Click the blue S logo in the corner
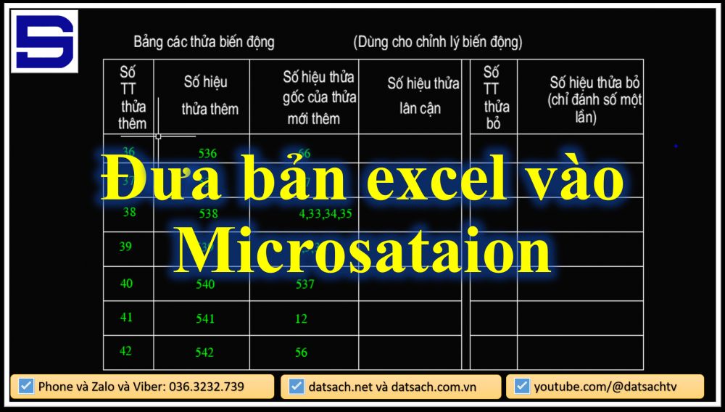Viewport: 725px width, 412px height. [x=44, y=42]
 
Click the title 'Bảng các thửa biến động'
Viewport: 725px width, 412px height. [x=204, y=42]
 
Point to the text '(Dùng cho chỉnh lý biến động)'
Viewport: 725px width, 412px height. [x=438, y=42]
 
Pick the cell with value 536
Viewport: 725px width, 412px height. [x=207, y=153]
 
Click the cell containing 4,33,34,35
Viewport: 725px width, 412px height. [x=326, y=214]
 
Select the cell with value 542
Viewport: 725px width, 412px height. [x=204, y=353]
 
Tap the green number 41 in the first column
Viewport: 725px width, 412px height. [x=126, y=317]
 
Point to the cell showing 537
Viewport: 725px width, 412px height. [x=305, y=284]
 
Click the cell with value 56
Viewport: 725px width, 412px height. [x=301, y=353]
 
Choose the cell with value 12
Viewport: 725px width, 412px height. [x=301, y=318]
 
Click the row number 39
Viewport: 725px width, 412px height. [x=125, y=247]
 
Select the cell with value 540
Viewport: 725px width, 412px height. [x=205, y=284]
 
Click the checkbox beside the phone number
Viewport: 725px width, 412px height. [x=26, y=387]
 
